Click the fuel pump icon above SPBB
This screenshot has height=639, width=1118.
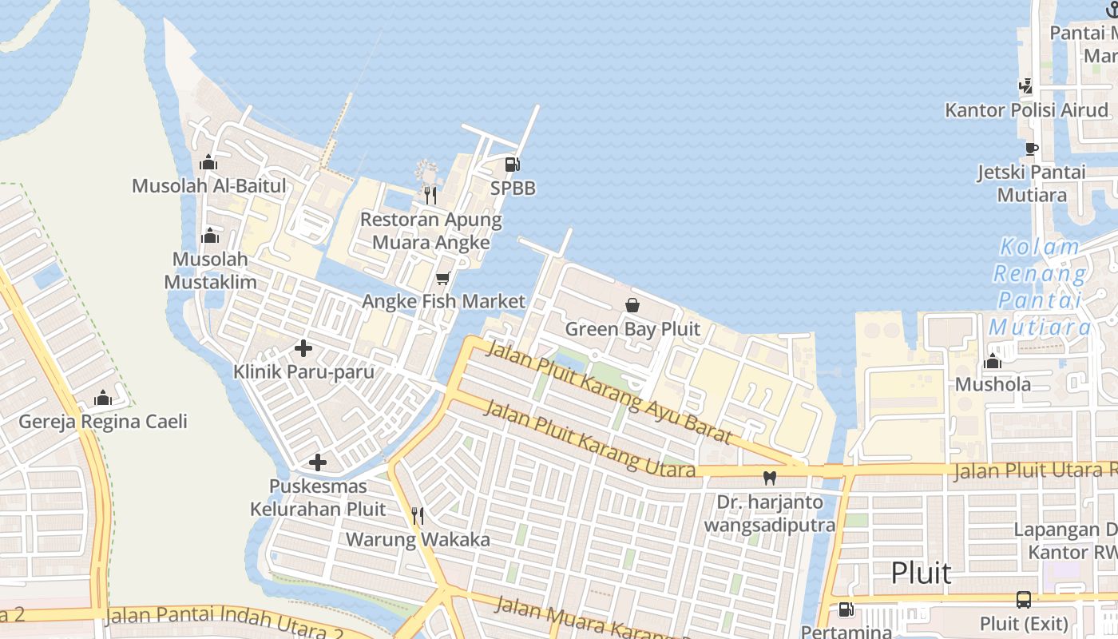click(512, 165)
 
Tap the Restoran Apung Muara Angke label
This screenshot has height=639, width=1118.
click(431, 230)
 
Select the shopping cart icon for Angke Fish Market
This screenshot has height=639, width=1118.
click(443, 278)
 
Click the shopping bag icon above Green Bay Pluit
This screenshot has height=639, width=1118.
click(632, 305)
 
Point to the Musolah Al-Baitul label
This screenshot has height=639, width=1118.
click(209, 186)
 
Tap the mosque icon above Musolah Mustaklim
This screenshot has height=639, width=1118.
click(210, 236)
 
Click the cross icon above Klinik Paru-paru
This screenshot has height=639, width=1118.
click(303, 348)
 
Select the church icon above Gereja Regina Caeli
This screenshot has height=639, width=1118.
click(103, 398)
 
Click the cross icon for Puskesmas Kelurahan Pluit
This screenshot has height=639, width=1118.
click(318, 462)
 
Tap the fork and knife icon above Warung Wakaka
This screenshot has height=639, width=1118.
click(418, 516)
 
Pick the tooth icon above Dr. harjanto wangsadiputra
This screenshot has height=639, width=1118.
click(770, 478)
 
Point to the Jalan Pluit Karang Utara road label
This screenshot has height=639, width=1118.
click(589, 440)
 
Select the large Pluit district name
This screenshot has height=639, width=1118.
click(921, 573)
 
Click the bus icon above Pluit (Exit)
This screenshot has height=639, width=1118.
click(1024, 599)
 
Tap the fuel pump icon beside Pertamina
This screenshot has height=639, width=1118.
click(846, 609)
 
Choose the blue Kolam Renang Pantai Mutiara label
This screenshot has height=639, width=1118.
click(1040, 286)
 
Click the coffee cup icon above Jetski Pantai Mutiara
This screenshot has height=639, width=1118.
click(1032, 149)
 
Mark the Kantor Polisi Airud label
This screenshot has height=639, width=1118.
click(1026, 110)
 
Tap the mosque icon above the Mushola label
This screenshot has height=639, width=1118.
click(993, 361)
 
